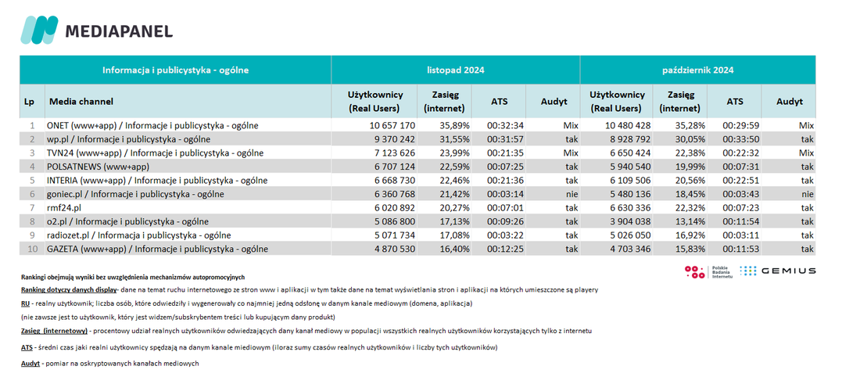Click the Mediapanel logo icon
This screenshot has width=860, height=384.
tap(40, 31)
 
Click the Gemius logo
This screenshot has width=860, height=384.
tap(777, 271)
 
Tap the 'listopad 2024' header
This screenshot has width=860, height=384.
tap(455, 70)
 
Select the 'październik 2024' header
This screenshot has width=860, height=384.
tap(697, 70)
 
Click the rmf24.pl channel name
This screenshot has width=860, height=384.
tap(65, 207)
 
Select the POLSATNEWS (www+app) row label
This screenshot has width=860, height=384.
tap(99, 167)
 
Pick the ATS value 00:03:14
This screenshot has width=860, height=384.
tap(504, 194)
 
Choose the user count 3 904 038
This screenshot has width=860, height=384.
tap(636, 221)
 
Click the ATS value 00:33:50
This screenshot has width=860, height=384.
tap(740, 139)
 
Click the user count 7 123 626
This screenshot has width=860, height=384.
tap(395, 153)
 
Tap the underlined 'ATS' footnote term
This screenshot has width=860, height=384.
tap(27, 347)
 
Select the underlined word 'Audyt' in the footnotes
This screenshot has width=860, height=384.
tap(30, 363)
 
